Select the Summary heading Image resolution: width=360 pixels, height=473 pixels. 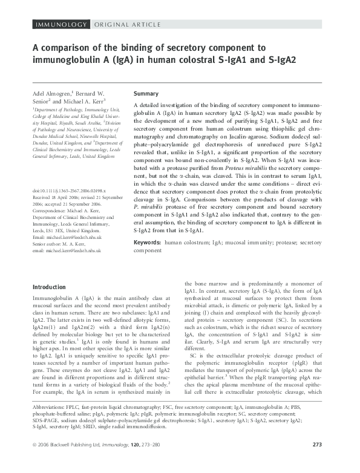click(146, 94)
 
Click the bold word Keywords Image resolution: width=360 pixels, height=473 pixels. click(147, 243)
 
